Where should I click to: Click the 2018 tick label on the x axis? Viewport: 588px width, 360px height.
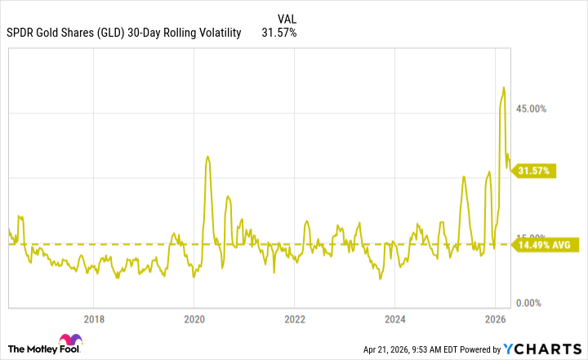point(95,318)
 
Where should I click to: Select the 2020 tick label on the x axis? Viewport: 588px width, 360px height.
point(194,318)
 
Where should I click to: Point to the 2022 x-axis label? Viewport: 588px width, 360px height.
point(295,318)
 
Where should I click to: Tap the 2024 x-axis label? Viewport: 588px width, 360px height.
point(395,318)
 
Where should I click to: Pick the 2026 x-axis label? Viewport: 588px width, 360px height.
point(495,318)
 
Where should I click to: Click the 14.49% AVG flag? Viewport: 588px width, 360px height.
point(544,244)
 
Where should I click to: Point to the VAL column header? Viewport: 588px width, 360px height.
point(287,18)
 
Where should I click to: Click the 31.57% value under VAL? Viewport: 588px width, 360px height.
point(279,33)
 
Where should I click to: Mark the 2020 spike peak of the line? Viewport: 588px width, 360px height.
point(207,157)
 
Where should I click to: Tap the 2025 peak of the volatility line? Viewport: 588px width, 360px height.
point(463,176)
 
